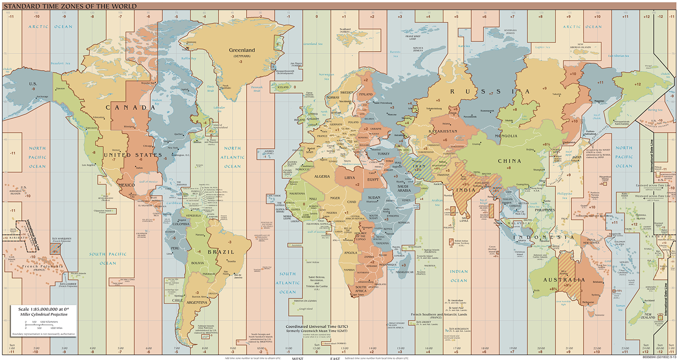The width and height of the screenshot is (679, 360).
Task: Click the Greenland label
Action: click(x=242, y=50)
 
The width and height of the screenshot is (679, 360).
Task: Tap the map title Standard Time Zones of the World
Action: click(x=70, y=6)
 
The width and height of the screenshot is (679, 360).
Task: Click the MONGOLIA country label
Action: click(x=506, y=136)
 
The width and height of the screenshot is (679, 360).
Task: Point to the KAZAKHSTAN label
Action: click(x=443, y=132)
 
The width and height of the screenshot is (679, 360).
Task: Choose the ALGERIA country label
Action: click(x=322, y=177)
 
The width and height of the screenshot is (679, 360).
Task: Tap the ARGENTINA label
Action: click(x=197, y=303)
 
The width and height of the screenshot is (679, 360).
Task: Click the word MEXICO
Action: click(x=126, y=185)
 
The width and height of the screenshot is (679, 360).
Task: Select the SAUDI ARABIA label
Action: click(x=404, y=188)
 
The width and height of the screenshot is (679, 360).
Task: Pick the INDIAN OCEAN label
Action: click(x=459, y=276)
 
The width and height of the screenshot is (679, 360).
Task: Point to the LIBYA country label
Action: click(x=349, y=178)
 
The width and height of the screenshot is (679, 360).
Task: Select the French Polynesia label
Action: click(x=42, y=267)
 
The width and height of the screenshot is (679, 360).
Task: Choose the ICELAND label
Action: click(x=283, y=87)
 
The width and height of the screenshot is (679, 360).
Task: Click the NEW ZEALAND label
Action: click(x=648, y=316)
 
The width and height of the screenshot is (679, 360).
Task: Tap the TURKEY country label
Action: click(x=383, y=154)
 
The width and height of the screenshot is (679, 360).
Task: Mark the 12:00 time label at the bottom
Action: click(x=316, y=348)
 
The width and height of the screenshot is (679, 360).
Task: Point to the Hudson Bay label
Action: click(x=157, y=102)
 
